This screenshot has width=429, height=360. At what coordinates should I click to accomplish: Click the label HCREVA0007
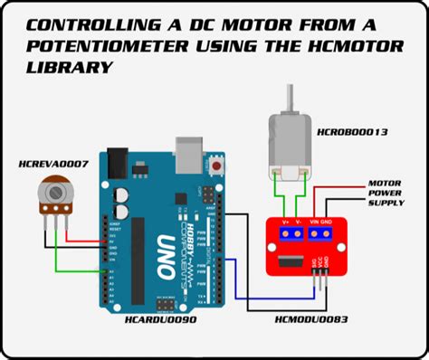click(x=53, y=164)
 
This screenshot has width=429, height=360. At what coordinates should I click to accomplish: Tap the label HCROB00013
click(x=352, y=133)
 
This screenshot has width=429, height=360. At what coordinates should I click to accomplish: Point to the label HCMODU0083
click(x=311, y=319)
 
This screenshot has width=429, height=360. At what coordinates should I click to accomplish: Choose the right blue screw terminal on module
click(x=319, y=233)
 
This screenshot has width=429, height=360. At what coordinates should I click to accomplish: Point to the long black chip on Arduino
click(x=137, y=252)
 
